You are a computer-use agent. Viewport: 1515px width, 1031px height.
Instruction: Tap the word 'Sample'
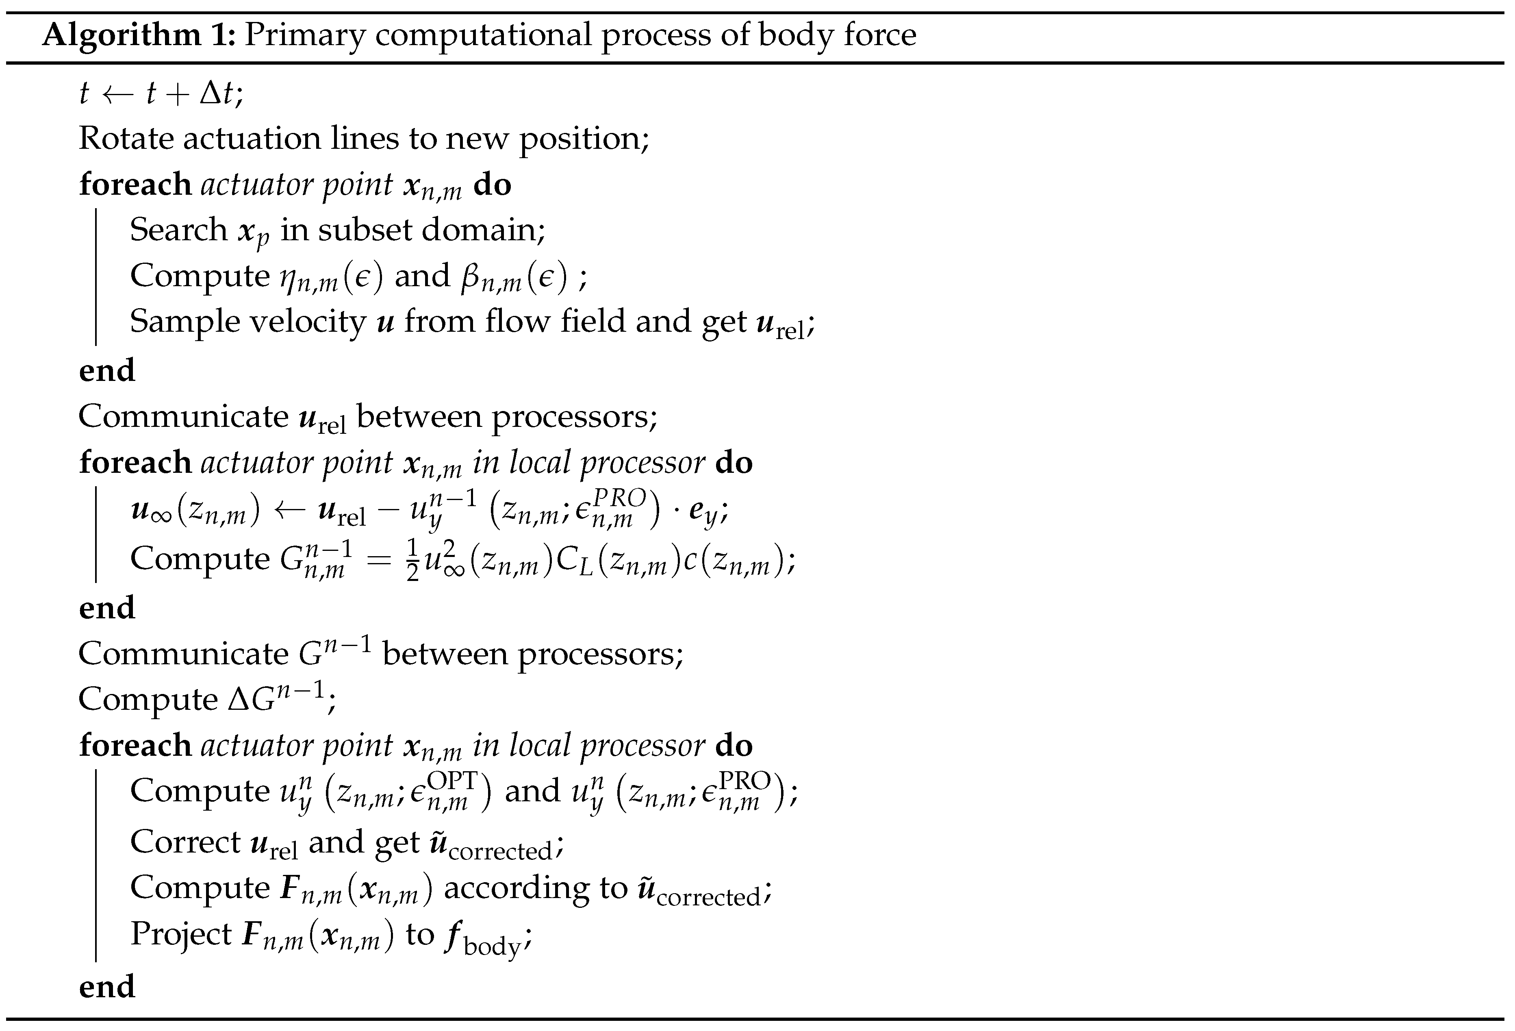[x=183, y=322]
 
